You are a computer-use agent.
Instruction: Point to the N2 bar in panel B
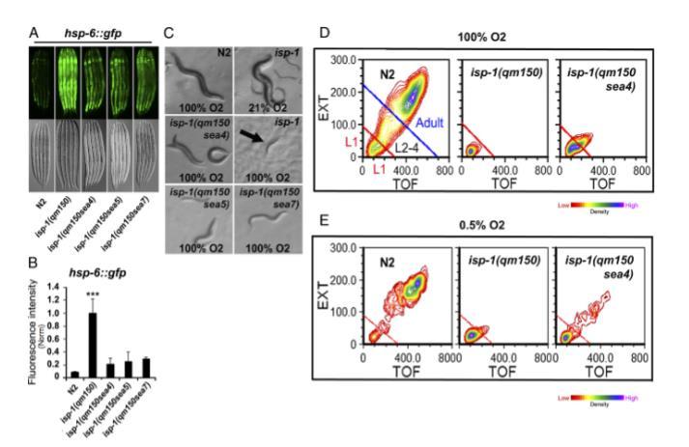pos(75,372)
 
